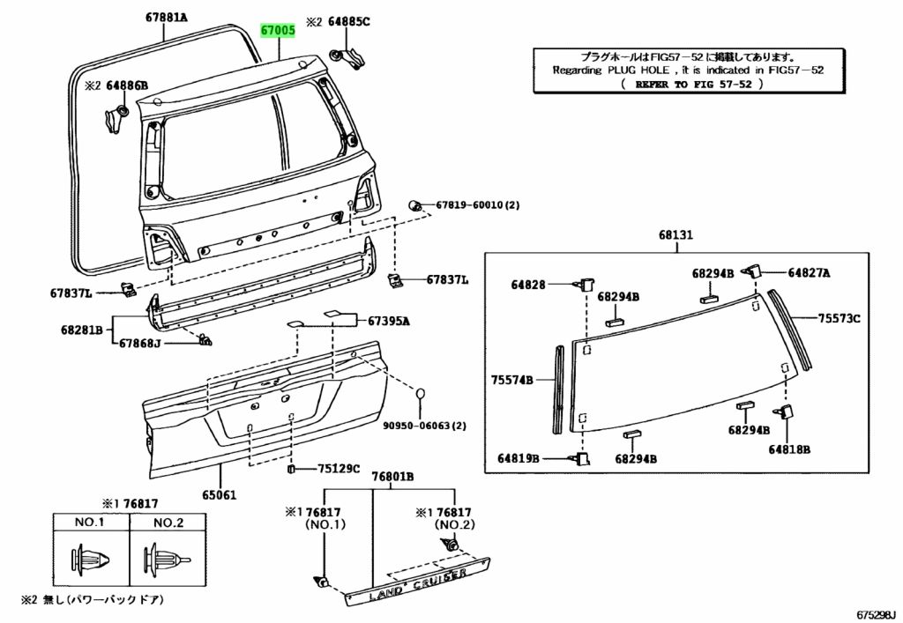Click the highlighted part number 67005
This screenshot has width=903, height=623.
(x=278, y=30)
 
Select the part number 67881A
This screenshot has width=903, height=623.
(x=168, y=16)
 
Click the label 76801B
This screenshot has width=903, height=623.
(x=392, y=477)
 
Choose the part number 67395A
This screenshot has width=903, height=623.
(x=389, y=322)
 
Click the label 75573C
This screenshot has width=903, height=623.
(x=838, y=318)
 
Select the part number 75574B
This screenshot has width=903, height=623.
(x=513, y=380)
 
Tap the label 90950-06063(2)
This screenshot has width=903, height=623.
(x=424, y=426)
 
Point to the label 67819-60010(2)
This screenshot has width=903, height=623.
(x=477, y=204)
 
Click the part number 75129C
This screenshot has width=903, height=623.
(x=339, y=469)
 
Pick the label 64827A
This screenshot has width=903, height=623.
(x=809, y=273)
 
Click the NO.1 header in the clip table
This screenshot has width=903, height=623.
(x=90, y=523)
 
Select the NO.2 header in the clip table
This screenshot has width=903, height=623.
(x=168, y=523)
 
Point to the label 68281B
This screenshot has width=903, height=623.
(x=82, y=330)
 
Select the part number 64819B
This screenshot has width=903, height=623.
(x=519, y=458)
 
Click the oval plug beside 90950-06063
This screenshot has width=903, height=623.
(x=422, y=394)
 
